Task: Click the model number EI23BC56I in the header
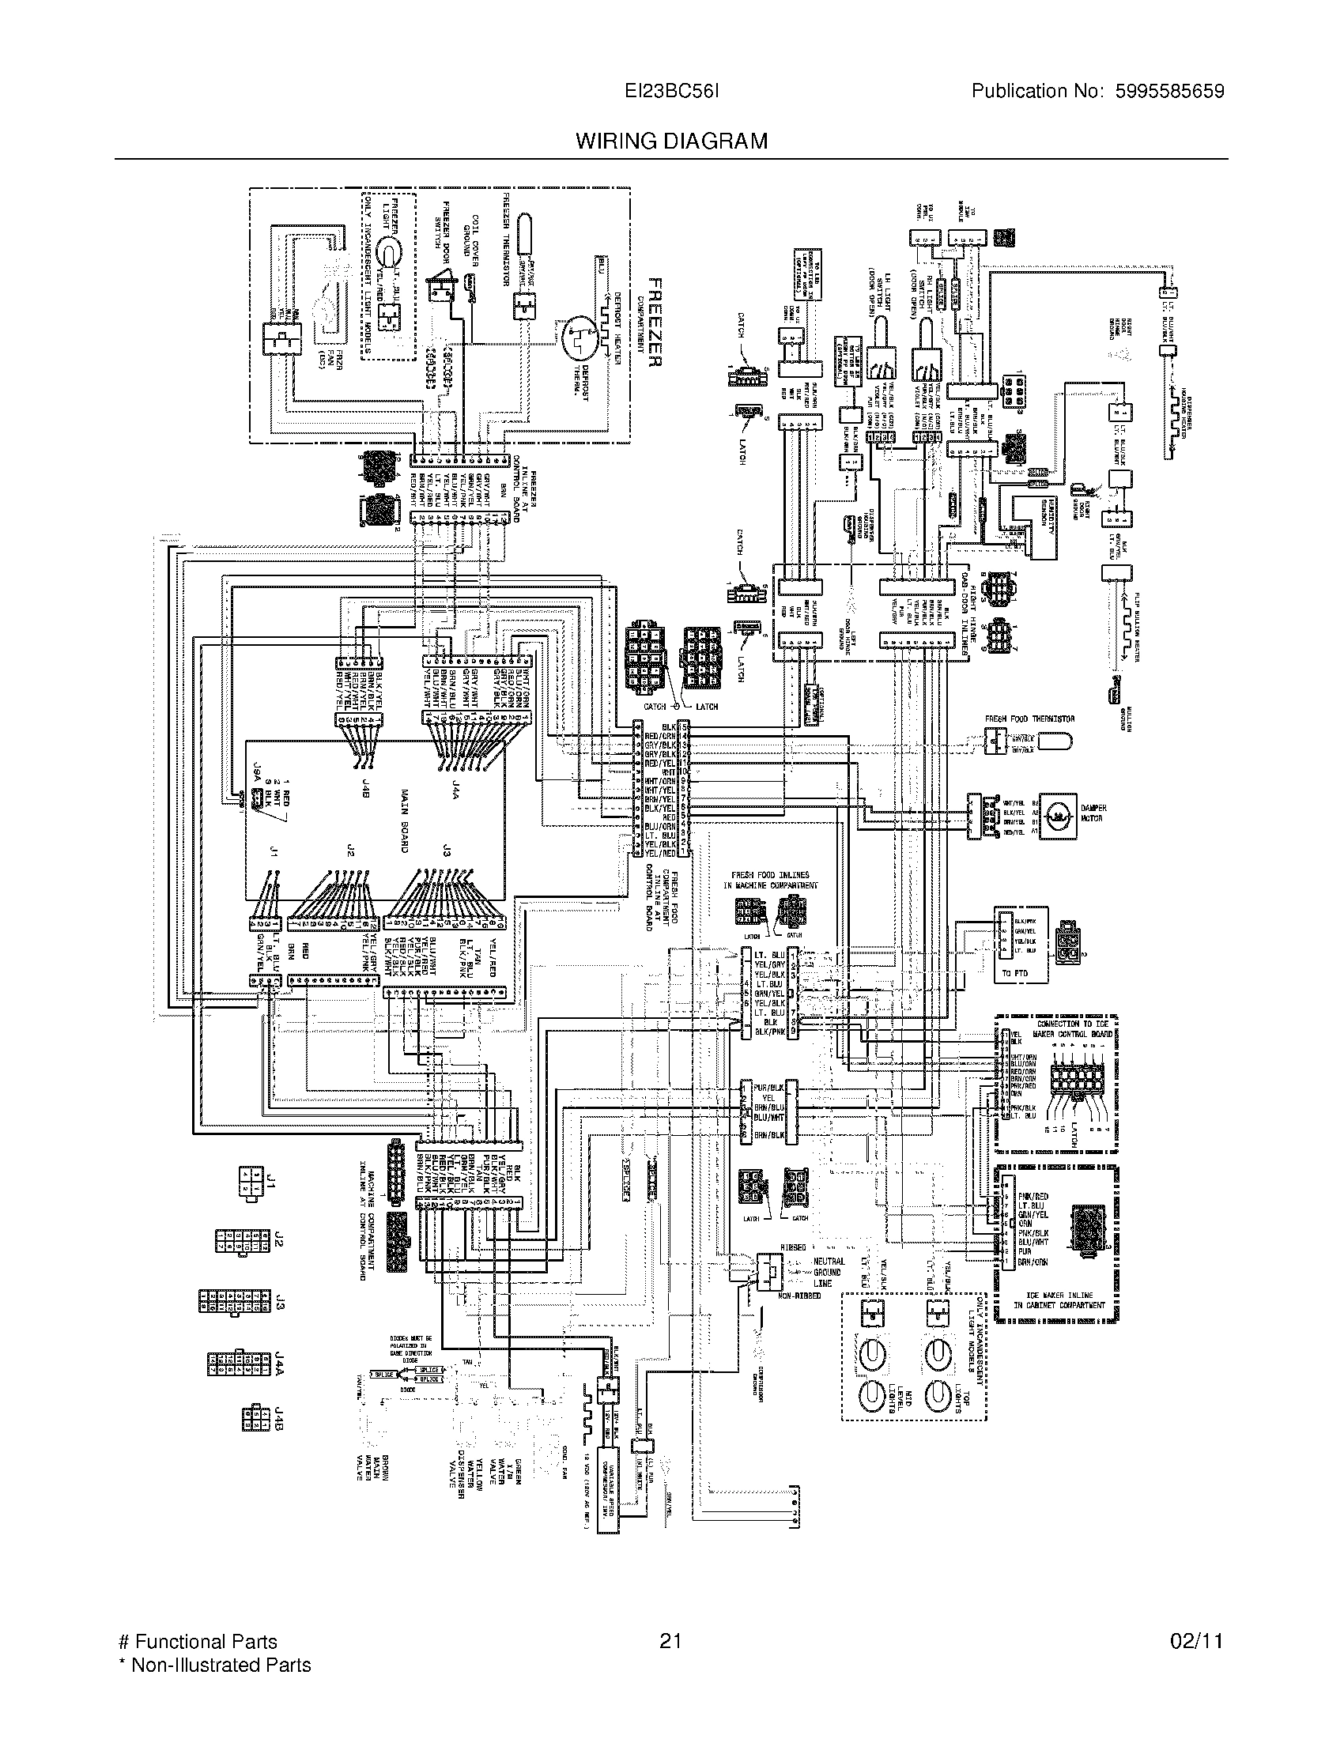(x=673, y=92)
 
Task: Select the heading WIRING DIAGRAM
(x=672, y=141)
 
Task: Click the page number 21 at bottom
(x=670, y=1641)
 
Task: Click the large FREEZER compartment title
(x=655, y=323)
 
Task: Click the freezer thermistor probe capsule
(x=527, y=234)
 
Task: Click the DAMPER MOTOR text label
(x=1094, y=812)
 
